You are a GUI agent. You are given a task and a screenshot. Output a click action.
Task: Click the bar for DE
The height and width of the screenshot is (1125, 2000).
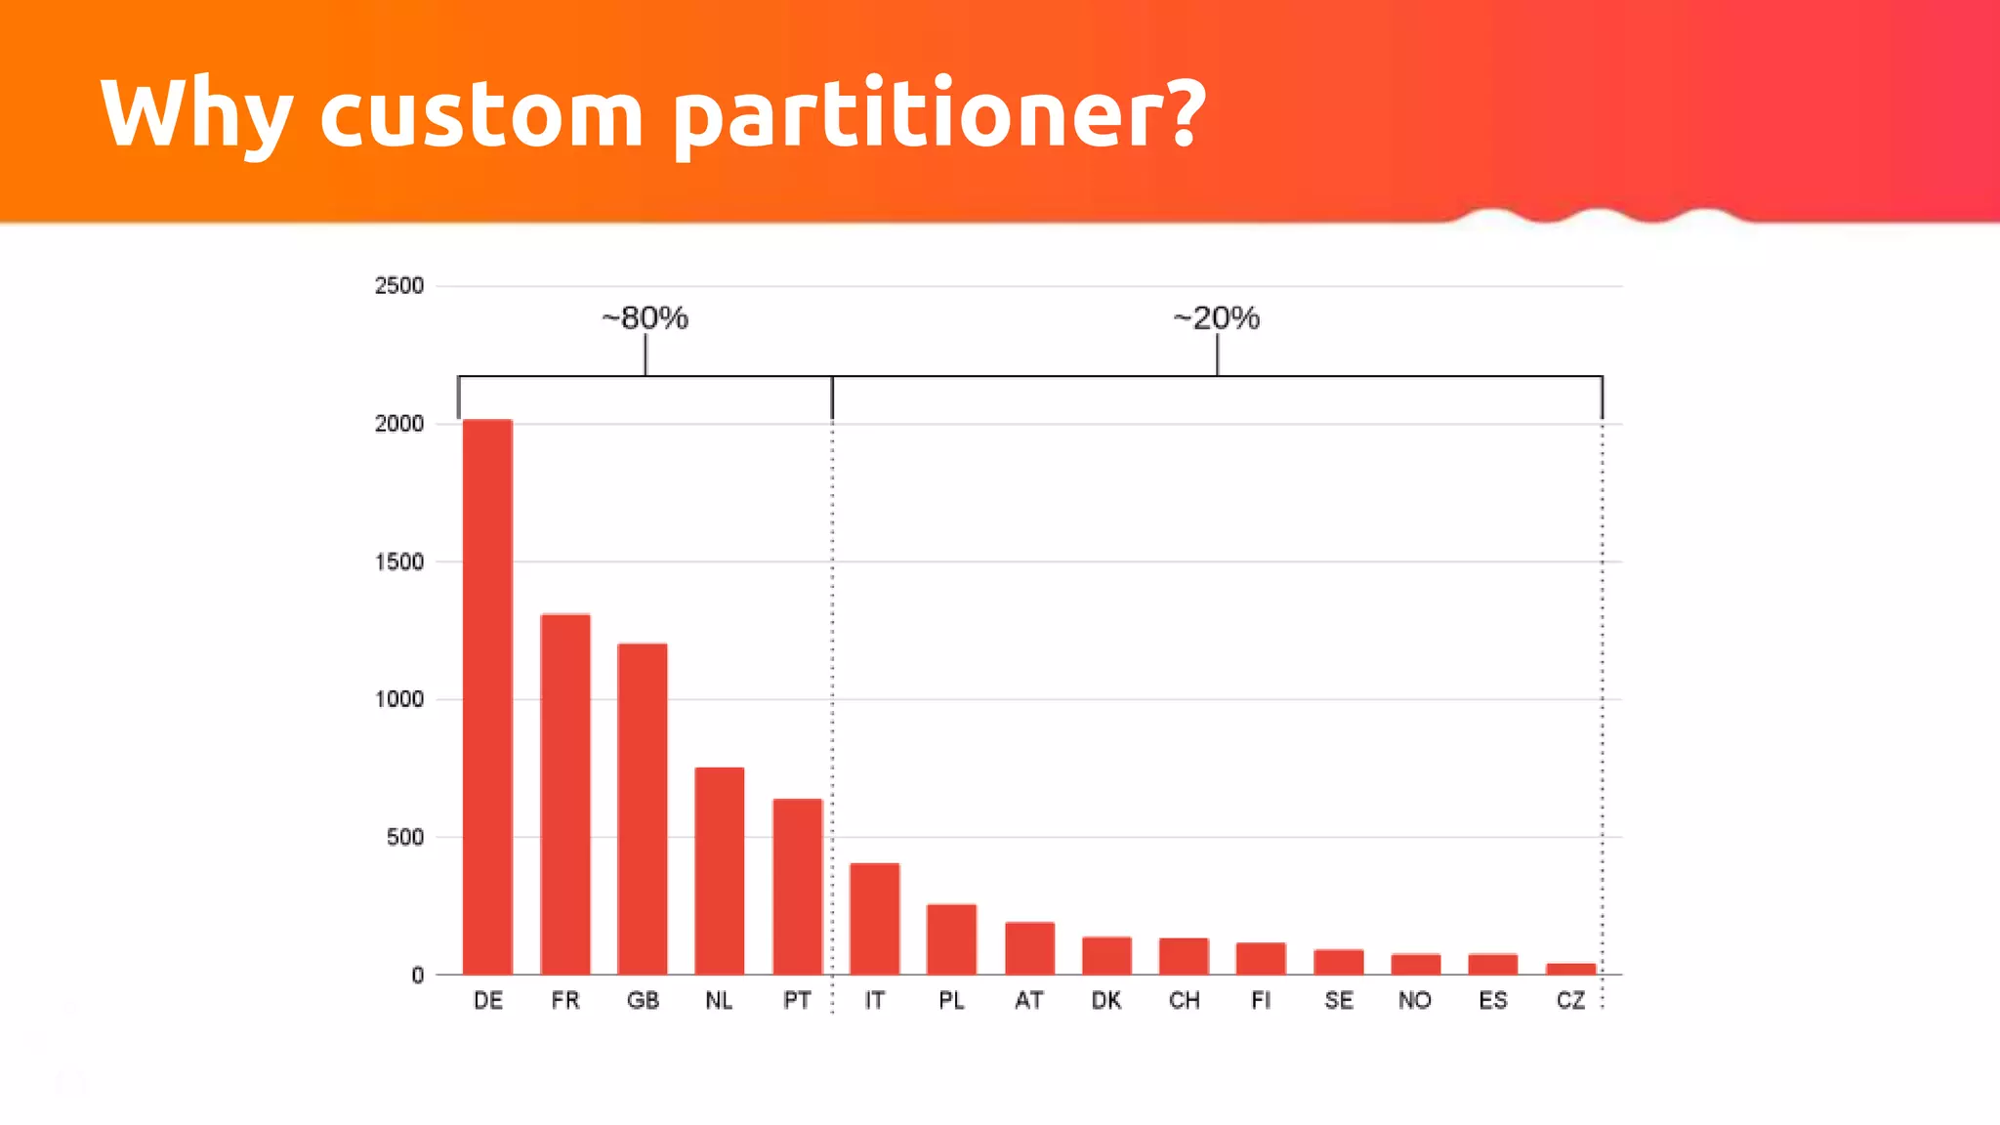coord(487,697)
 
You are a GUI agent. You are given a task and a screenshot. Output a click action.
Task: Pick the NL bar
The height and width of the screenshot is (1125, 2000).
coord(720,871)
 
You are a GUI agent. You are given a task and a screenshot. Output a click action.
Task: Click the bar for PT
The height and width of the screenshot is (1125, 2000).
coord(797,887)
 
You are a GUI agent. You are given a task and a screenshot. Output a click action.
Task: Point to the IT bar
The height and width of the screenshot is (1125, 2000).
coord(874,919)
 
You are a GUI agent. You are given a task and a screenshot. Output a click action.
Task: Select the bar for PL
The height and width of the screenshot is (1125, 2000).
coord(951,939)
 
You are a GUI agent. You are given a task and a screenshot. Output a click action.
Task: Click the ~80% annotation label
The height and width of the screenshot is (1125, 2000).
coord(645,318)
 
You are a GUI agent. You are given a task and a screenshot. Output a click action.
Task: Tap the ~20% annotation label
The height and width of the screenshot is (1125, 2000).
coord(1216,318)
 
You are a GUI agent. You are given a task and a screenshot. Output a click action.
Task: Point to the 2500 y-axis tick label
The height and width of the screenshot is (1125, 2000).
coord(398,286)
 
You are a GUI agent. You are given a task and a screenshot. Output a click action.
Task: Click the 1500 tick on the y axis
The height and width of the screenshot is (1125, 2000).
coord(398,562)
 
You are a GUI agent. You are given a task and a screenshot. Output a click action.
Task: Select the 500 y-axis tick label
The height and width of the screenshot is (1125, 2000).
coord(404,838)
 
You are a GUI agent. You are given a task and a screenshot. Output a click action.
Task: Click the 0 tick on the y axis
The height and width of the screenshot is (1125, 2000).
coord(418,976)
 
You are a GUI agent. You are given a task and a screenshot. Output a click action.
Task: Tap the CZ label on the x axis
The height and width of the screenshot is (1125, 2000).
coord(1570,1001)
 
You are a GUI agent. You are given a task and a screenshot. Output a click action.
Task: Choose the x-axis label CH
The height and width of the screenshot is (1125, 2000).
coord(1184,1001)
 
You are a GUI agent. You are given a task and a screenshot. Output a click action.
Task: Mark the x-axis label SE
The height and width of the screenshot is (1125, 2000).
coord(1339,1001)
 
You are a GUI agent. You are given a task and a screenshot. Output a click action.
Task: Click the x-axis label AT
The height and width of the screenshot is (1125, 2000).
coord(1028,1001)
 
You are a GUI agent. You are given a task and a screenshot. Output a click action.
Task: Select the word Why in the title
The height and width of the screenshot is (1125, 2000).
coord(196,115)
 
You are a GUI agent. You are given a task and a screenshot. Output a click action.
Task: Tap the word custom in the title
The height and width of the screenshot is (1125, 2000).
coord(481,115)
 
